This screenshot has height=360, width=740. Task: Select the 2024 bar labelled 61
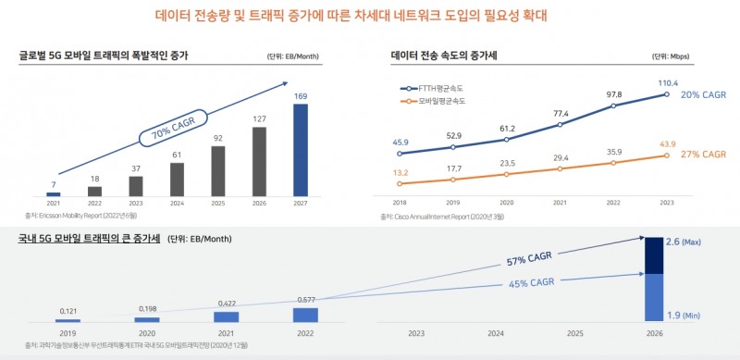176,180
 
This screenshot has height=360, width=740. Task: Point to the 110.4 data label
667,82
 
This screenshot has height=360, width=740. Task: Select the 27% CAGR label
703,155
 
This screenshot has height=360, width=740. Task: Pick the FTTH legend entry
432,88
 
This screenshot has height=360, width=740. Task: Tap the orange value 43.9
668,143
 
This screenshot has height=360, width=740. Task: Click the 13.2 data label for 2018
400,172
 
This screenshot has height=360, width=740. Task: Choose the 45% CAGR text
531,282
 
